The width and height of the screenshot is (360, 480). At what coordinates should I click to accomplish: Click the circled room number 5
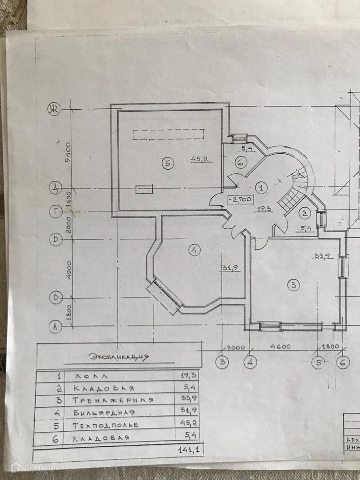168,163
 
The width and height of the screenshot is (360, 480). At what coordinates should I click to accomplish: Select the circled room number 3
293,285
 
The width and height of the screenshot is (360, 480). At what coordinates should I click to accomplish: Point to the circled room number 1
262,187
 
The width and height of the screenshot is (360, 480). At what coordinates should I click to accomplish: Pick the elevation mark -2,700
240,200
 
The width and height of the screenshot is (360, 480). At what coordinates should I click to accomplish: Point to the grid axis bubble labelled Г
55,212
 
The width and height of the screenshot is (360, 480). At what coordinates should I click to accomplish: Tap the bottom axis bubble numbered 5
319,362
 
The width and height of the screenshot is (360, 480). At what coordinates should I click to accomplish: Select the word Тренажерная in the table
113,400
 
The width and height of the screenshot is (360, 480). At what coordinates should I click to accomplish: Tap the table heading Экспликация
119,357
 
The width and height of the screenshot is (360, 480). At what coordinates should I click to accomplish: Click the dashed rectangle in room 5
169,135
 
